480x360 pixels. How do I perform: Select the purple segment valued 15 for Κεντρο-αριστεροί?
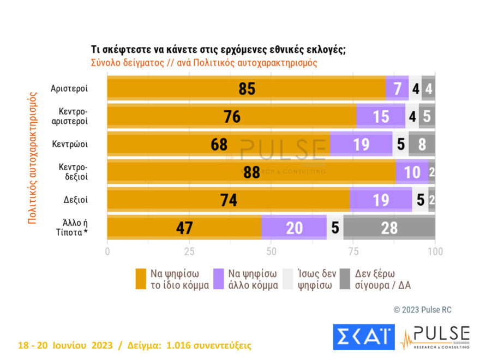coord(380,117)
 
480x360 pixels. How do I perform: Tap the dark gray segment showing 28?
coord(389,227)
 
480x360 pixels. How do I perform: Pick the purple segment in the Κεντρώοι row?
coord(361,145)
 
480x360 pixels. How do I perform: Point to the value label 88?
coord(251,172)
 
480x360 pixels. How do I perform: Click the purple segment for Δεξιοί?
coord(380,200)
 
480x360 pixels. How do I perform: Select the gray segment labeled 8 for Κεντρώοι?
coord(422,145)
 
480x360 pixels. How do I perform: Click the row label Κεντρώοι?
coord(70,145)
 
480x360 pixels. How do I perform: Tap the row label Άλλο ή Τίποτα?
coord(71,227)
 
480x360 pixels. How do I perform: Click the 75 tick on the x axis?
coord(353,251)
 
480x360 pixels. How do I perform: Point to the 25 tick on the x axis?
coord(189,251)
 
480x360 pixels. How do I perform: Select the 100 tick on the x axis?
coord(435,251)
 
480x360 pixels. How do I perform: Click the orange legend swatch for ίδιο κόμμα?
coord(141,279)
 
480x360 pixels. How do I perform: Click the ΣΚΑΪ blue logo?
coord(363,337)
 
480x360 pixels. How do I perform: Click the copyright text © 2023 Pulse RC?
coord(422,310)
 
